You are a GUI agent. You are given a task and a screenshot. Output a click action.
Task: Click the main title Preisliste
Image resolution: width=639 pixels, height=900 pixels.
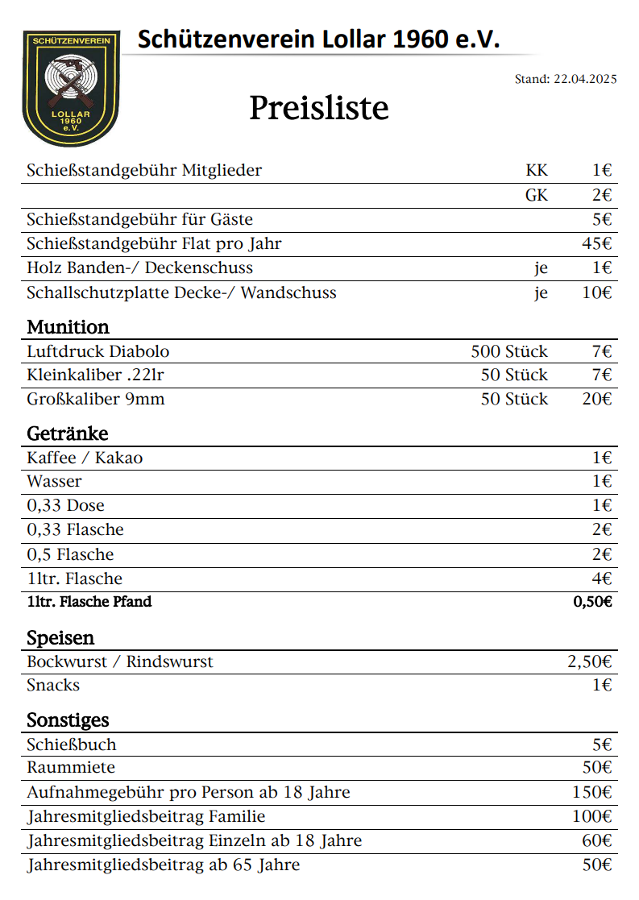click(318, 108)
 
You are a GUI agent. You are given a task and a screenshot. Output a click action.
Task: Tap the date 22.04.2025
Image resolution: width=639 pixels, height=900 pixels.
click(585, 79)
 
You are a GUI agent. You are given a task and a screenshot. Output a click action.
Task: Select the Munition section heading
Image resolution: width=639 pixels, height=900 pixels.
click(68, 327)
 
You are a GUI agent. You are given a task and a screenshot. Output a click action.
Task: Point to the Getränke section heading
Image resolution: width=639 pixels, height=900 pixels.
click(68, 433)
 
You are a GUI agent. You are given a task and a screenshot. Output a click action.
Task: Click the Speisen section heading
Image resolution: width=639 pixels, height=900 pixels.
click(60, 638)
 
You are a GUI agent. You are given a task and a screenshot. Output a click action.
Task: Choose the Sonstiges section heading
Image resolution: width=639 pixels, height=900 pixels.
click(68, 720)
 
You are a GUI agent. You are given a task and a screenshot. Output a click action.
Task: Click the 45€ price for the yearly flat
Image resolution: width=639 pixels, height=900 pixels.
click(597, 243)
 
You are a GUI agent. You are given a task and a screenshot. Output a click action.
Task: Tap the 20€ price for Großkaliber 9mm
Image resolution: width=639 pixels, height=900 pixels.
click(597, 399)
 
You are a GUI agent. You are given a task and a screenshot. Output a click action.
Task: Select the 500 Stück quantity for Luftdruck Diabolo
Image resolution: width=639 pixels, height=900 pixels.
click(509, 351)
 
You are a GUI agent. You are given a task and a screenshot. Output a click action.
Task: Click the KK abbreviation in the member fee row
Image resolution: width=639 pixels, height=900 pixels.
click(537, 170)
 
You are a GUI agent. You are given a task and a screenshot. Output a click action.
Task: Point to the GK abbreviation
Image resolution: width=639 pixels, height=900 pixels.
click(537, 195)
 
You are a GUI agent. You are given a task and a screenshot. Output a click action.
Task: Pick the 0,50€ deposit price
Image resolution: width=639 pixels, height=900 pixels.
click(592, 602)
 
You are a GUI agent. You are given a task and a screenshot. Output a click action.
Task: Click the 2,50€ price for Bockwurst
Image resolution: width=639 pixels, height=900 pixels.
click(590, 662)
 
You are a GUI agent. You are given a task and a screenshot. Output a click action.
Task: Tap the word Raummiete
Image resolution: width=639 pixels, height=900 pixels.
click(71, 767)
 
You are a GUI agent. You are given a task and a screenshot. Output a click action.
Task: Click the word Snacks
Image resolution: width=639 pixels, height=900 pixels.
click(53, 685)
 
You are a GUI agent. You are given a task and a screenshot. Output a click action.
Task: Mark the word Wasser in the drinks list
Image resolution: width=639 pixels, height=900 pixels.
click(54, 481)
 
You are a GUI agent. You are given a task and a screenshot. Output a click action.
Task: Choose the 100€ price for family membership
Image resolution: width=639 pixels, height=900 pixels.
click(592, 816)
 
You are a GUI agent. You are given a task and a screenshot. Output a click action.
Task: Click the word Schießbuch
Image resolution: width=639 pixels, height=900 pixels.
click(72, 744)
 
